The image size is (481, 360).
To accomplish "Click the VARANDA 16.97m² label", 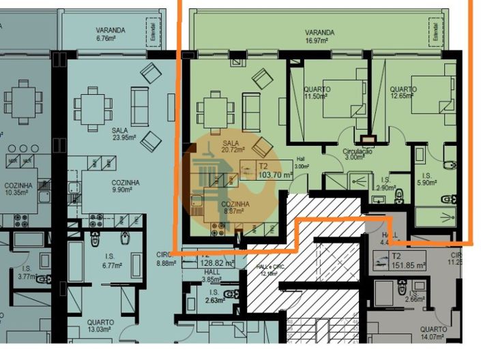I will pos(319,36).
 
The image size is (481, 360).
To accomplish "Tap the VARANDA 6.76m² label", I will pos(110,34).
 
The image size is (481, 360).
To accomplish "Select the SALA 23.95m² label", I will pos(123,132).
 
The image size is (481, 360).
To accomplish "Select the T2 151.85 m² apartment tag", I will pos(407,260).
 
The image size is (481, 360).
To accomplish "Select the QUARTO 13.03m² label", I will pos(100,327).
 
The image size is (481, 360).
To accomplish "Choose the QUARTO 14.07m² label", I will pos(433,333).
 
